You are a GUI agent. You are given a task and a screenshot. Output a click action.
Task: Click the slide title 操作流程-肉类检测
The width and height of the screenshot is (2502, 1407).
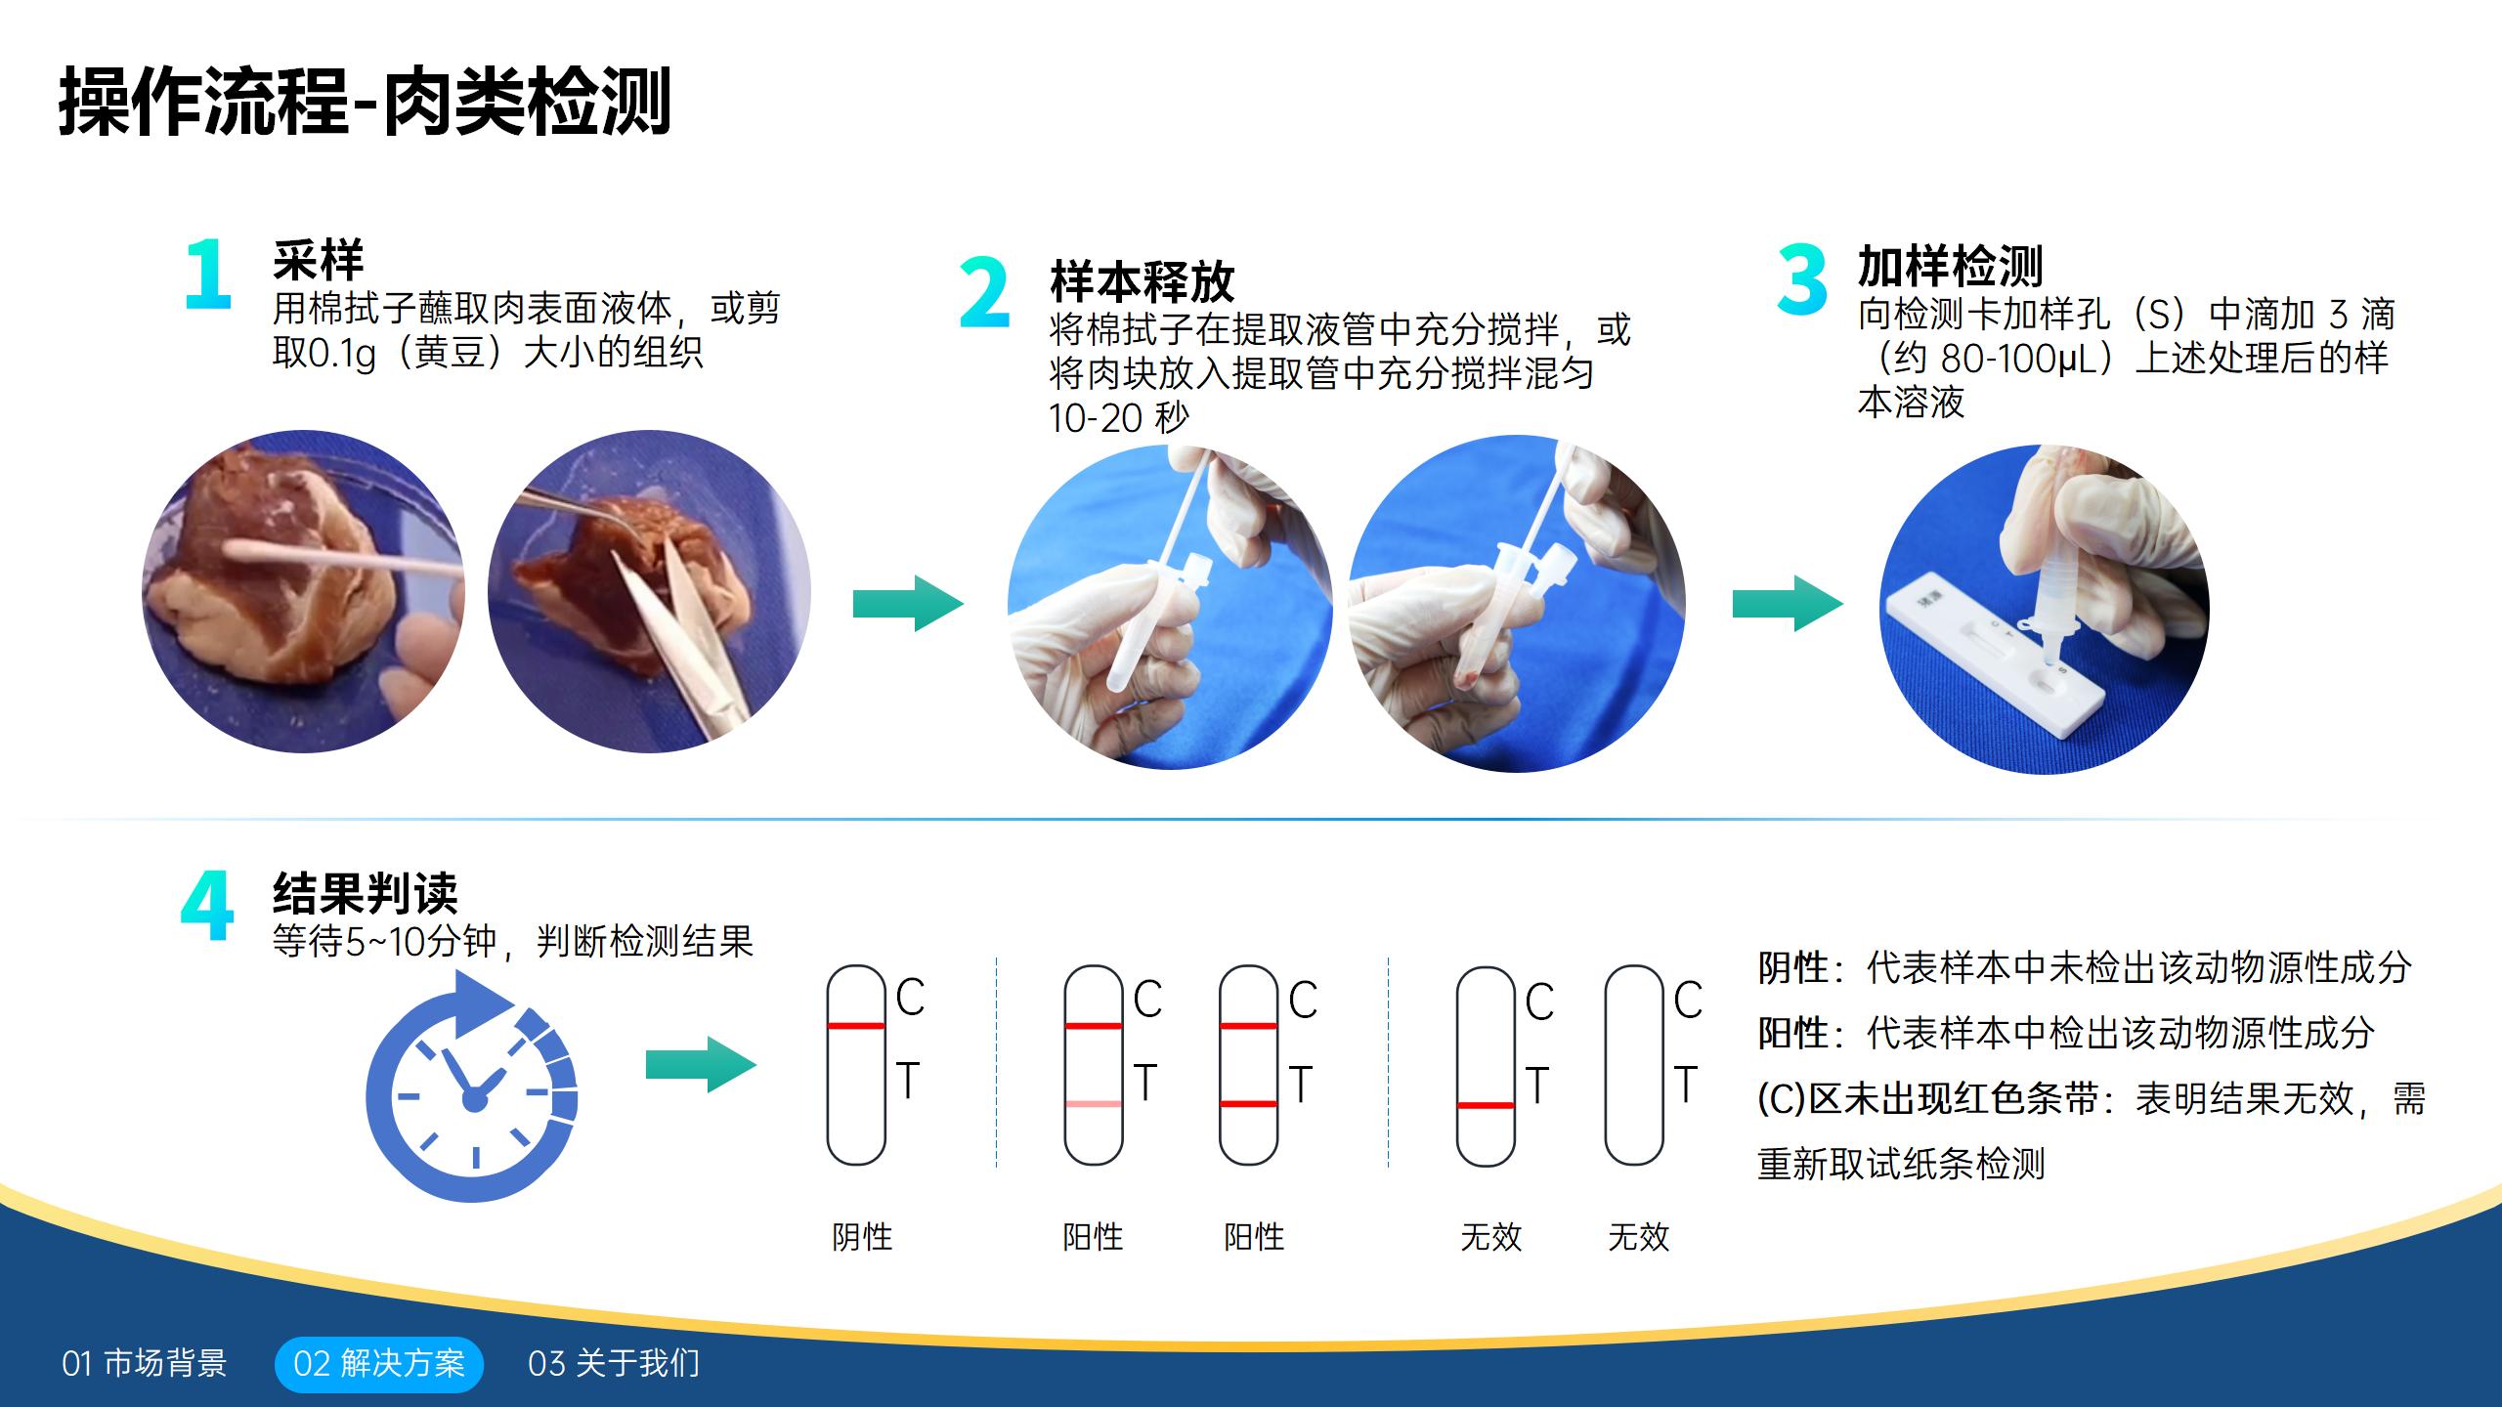point(364,101)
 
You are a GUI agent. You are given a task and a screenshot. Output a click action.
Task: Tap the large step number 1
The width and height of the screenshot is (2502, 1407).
point(208,276)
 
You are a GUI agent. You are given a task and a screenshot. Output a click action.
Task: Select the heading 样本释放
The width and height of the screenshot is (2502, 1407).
point(1142,282)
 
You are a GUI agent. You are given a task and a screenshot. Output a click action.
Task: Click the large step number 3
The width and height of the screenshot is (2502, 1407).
point(1801,280)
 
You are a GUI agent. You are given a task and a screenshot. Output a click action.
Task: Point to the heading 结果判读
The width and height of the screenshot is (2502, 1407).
point(365,891)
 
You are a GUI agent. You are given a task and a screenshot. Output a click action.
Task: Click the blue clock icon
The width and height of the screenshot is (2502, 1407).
point(473,1089)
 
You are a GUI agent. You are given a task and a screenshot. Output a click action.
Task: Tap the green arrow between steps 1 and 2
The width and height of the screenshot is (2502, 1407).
point(908,603)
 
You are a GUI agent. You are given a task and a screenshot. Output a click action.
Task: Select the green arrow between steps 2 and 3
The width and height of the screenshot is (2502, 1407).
point(1788,603)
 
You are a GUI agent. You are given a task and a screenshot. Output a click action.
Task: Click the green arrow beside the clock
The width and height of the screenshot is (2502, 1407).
point(701,1064)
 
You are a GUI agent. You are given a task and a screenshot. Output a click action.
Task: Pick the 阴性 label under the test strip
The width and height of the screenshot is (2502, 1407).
point(861,1237)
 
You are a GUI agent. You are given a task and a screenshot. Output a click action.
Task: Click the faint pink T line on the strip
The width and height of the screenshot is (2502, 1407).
point(1093,1104)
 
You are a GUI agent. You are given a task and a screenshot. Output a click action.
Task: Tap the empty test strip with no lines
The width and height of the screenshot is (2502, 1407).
point(1634,1065)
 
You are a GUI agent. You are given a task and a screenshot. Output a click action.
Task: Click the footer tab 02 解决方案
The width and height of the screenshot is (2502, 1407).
point(379,1363)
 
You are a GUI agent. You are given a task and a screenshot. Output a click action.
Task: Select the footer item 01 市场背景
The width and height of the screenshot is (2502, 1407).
point(145,1363)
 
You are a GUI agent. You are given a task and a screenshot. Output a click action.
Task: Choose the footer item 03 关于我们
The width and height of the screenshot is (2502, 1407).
point(614,1363)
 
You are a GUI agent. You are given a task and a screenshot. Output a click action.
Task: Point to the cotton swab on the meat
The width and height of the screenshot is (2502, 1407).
point(323,559)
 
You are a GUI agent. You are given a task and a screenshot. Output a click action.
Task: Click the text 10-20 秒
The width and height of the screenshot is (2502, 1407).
point(1118,418)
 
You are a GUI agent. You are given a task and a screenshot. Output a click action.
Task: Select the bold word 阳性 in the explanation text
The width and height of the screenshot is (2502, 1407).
point(1791,1033)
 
